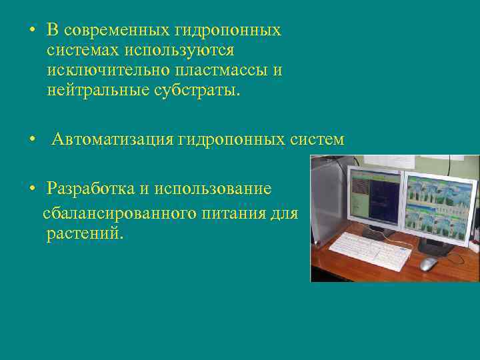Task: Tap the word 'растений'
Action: click(x=85, y=234)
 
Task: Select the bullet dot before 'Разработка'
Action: click(x=31, y=189)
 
